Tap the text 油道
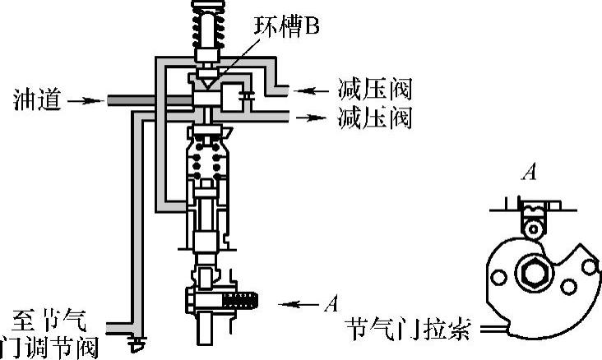click(34, 101)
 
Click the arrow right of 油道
click(82, 101)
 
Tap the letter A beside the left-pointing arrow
click(331, 304)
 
